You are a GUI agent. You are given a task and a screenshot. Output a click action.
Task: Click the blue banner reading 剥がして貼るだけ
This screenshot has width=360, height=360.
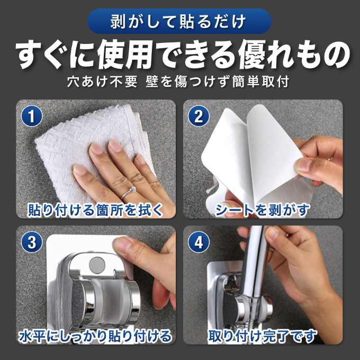[x=179, y=21]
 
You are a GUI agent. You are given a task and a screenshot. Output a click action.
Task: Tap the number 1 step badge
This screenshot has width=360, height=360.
[x=32, y=116]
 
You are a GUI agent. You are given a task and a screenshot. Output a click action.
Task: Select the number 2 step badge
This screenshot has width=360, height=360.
[x=199, y=116]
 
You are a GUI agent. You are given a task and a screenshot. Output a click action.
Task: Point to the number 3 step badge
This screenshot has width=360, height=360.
[x=32, y=242]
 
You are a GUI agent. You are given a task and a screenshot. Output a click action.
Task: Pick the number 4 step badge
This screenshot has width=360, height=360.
[x=199, y=242]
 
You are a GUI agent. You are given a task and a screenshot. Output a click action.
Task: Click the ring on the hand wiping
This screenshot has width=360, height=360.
[x=129, y=192]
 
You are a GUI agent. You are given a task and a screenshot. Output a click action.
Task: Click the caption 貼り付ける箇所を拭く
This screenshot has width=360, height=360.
[x=95, y=210]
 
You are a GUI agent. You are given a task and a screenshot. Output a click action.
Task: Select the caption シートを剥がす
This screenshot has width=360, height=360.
[x=262, y=210]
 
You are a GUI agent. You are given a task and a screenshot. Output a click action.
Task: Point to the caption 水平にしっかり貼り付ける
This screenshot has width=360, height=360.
[x=95, y=336]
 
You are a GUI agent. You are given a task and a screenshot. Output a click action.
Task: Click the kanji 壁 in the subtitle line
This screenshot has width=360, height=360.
[x=152, y=82]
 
